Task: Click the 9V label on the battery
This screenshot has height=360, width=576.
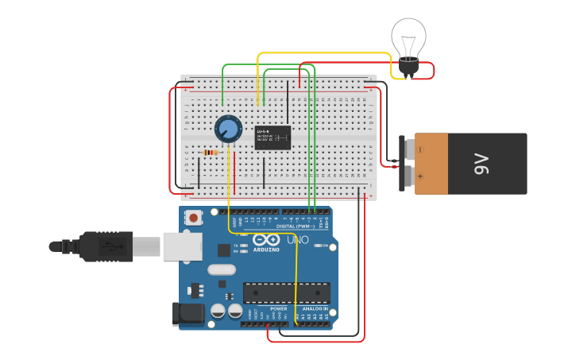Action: (481, 164)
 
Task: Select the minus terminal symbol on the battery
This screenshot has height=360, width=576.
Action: (420, 149)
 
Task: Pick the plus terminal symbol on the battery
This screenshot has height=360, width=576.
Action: (420, 177)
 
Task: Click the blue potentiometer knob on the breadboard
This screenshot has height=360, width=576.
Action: (228, 128)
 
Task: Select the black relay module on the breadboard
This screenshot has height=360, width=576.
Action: (273, 137)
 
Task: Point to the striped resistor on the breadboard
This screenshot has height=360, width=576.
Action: (211, 153)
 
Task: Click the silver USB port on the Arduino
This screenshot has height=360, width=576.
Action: (182, 246)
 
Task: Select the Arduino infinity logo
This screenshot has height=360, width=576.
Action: (266, 239)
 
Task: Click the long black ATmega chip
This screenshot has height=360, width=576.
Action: (286, 293)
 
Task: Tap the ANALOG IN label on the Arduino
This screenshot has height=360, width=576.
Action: (315, 308)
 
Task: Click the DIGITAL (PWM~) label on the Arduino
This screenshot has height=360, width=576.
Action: (295, 226)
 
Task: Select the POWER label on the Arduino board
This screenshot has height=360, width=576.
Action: (278, 308)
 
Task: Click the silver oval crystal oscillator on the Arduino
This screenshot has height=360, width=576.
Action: (222, 269)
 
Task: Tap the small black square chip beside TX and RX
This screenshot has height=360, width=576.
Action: (224, 250)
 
